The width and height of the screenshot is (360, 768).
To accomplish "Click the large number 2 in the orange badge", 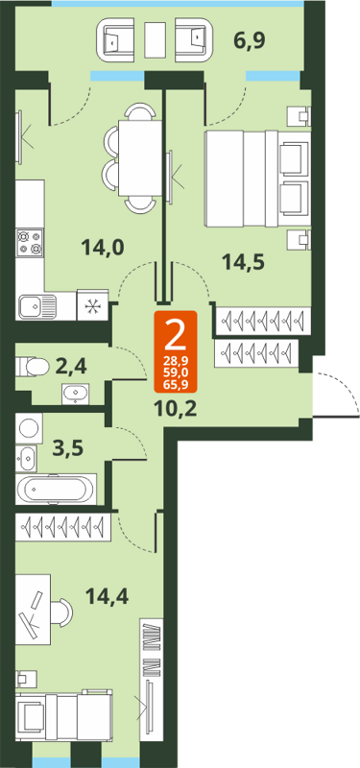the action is click(176, 333).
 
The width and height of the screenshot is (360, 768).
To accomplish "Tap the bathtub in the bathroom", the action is click(56, 489).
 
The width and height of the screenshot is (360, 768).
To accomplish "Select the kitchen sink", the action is click(36, 306).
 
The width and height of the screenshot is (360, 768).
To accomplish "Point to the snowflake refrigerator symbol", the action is click(94, 306).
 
